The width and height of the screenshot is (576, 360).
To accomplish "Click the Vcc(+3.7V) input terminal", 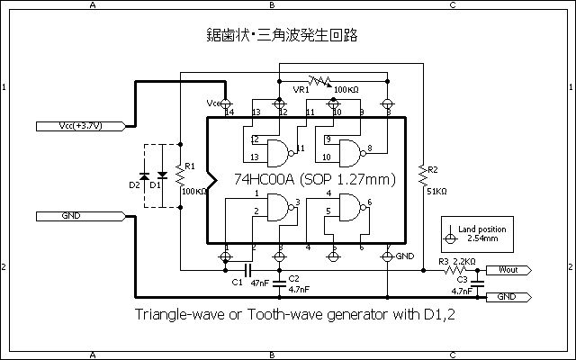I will click(77, 126).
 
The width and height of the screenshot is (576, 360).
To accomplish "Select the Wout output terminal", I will click(508, 268).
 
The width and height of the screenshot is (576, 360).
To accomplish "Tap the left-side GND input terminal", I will click(77, 216).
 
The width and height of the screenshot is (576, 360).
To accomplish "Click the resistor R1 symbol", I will click(180, 172).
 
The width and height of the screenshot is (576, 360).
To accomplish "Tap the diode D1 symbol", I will click(162, 174).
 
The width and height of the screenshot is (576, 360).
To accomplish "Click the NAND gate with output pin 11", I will click(282, 148).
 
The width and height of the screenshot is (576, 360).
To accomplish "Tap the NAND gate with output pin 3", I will click(282, 209).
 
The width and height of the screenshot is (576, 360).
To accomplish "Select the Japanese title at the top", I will click(282, 36).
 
